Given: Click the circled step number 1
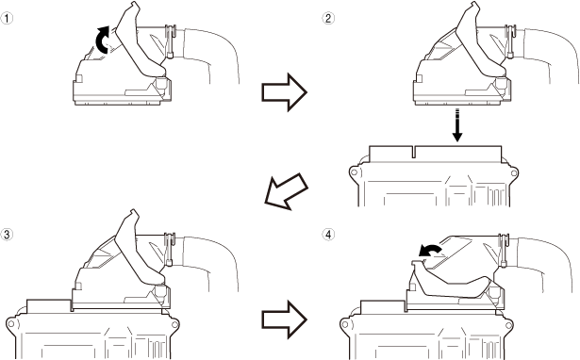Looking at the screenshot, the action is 7,18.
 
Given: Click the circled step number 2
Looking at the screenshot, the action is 328,18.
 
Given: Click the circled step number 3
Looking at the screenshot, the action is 7,234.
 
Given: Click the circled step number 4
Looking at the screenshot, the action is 328,234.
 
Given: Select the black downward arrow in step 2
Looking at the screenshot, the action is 457,125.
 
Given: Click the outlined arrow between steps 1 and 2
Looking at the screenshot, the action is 284,92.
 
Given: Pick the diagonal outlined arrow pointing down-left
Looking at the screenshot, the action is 286,191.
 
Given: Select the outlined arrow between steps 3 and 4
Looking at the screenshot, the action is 284,319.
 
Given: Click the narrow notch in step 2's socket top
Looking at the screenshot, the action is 414,152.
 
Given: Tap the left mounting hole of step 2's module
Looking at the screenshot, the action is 354,172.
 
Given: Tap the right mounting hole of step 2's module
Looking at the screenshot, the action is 513,173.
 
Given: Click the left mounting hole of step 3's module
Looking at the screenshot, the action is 11,324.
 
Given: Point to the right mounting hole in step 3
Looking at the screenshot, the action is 174,324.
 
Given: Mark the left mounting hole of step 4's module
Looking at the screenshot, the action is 345,324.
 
